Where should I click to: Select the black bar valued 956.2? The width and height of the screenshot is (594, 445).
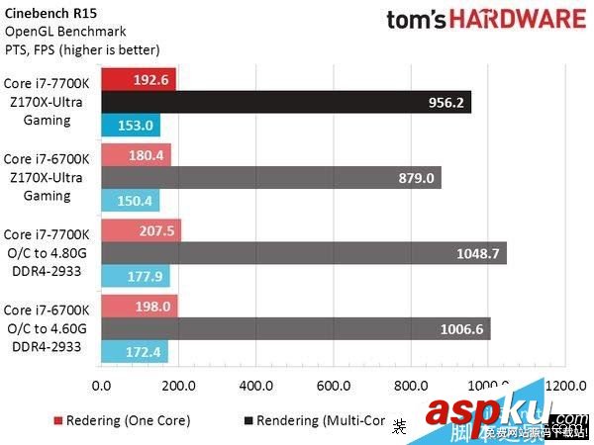pyautogui.click(x=285, y=102)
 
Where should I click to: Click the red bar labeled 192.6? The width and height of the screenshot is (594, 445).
pyautogui.click(x=138, y=79)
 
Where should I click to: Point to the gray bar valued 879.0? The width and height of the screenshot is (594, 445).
pyautogui.click(x=270, y=178)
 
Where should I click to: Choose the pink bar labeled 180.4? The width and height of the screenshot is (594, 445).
pyautogui.click(x=136, y=155)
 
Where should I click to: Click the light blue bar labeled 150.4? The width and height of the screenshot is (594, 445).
pyautogui.click(x=130, y=201)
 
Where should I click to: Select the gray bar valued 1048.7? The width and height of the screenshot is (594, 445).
pyautogui.click(x=303, y=253)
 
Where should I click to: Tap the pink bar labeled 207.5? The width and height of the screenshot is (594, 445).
pyautogui.click(x=141, y=230)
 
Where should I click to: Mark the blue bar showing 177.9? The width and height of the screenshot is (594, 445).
pyautogui.click(x=135, y=276)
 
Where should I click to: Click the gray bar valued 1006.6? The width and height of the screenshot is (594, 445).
pyautogui.click(x=295, y=329)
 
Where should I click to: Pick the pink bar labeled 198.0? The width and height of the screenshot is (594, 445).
pyautogui.click(x=139, y=307)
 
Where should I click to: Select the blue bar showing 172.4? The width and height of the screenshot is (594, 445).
pyautogui.click(x=134, y=352)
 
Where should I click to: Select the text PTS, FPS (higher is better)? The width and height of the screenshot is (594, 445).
pyautogui.click(x=82, y=49)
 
